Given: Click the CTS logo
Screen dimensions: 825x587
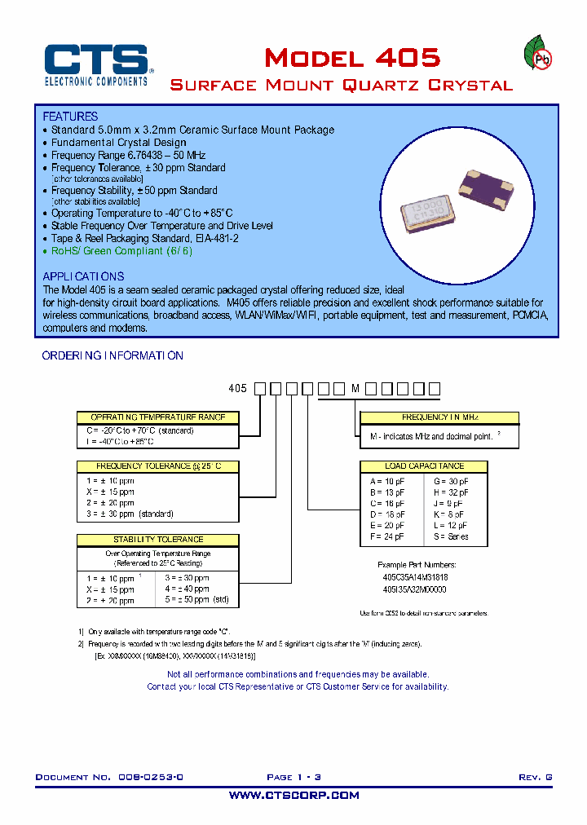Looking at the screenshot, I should [x=95, y=64].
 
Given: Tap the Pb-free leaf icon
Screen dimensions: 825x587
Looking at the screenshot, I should [x=536, y=55].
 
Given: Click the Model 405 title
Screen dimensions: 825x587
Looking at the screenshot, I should [x=352, y=58].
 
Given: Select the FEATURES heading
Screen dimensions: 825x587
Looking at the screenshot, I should [x=70, y=117].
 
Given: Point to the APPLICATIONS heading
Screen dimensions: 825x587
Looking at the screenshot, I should [x=83, y=276].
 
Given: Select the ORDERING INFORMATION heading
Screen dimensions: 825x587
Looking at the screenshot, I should [x=113, y=355].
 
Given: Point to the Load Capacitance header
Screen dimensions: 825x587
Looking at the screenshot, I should [x=423, y=466].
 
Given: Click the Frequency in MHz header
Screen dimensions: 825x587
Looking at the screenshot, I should [x=439, y=417].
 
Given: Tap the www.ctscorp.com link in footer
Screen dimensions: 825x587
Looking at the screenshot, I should [x=293, y=795].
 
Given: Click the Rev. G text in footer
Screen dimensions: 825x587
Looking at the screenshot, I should [x=535, y=778].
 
